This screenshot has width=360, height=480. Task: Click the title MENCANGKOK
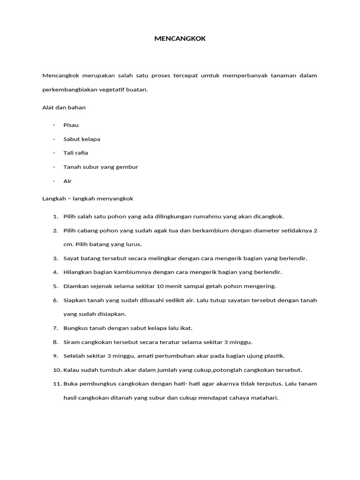tap(180, 39)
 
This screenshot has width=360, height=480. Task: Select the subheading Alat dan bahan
tap(64, 107)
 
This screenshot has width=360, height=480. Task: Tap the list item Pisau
tap(71, 125)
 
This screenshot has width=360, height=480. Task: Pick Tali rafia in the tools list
tap(76, 153)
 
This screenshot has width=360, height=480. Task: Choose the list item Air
tap(68, 181)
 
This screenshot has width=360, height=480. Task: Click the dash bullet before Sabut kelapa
tap(54, 139)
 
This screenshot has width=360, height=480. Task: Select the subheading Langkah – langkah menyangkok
tap(88, 198)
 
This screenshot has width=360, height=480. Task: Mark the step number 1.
tap(55, 217)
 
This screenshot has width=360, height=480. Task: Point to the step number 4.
tap(55, 272)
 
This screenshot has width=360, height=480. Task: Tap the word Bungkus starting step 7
tap(75, 328)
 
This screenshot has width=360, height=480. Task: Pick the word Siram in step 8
tap(71, 342)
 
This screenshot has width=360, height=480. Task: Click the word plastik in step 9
tap(274, 356)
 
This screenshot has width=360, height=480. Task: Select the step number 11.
tap(56, 384)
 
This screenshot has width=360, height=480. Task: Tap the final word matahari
tap(264, 398)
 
